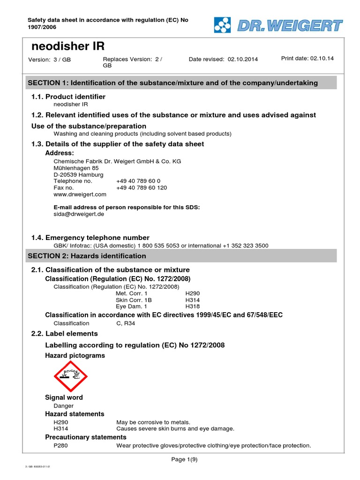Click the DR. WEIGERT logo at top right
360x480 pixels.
click(278, 25)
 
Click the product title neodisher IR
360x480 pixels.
click(67, 46)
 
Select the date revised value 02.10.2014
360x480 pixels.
click(243, 60)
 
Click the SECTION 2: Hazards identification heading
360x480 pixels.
click(87, 256)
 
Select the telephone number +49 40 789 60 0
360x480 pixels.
click(138, 181)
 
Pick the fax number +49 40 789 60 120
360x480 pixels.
click(141, 187)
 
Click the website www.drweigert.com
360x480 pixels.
click(80, 194)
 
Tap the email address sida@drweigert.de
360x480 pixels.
click(79, 214)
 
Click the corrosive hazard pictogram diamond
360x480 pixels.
click(71, 376)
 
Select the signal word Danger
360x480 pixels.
click(63, 406)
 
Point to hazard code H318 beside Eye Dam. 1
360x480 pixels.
click(192, 306)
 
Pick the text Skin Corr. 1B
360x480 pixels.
click(134, 300)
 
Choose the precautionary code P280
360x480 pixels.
click(61, 445)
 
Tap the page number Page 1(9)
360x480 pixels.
click(184, 459)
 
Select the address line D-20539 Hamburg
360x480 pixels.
click(78, 174)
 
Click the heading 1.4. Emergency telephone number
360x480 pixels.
click(90, 238)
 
